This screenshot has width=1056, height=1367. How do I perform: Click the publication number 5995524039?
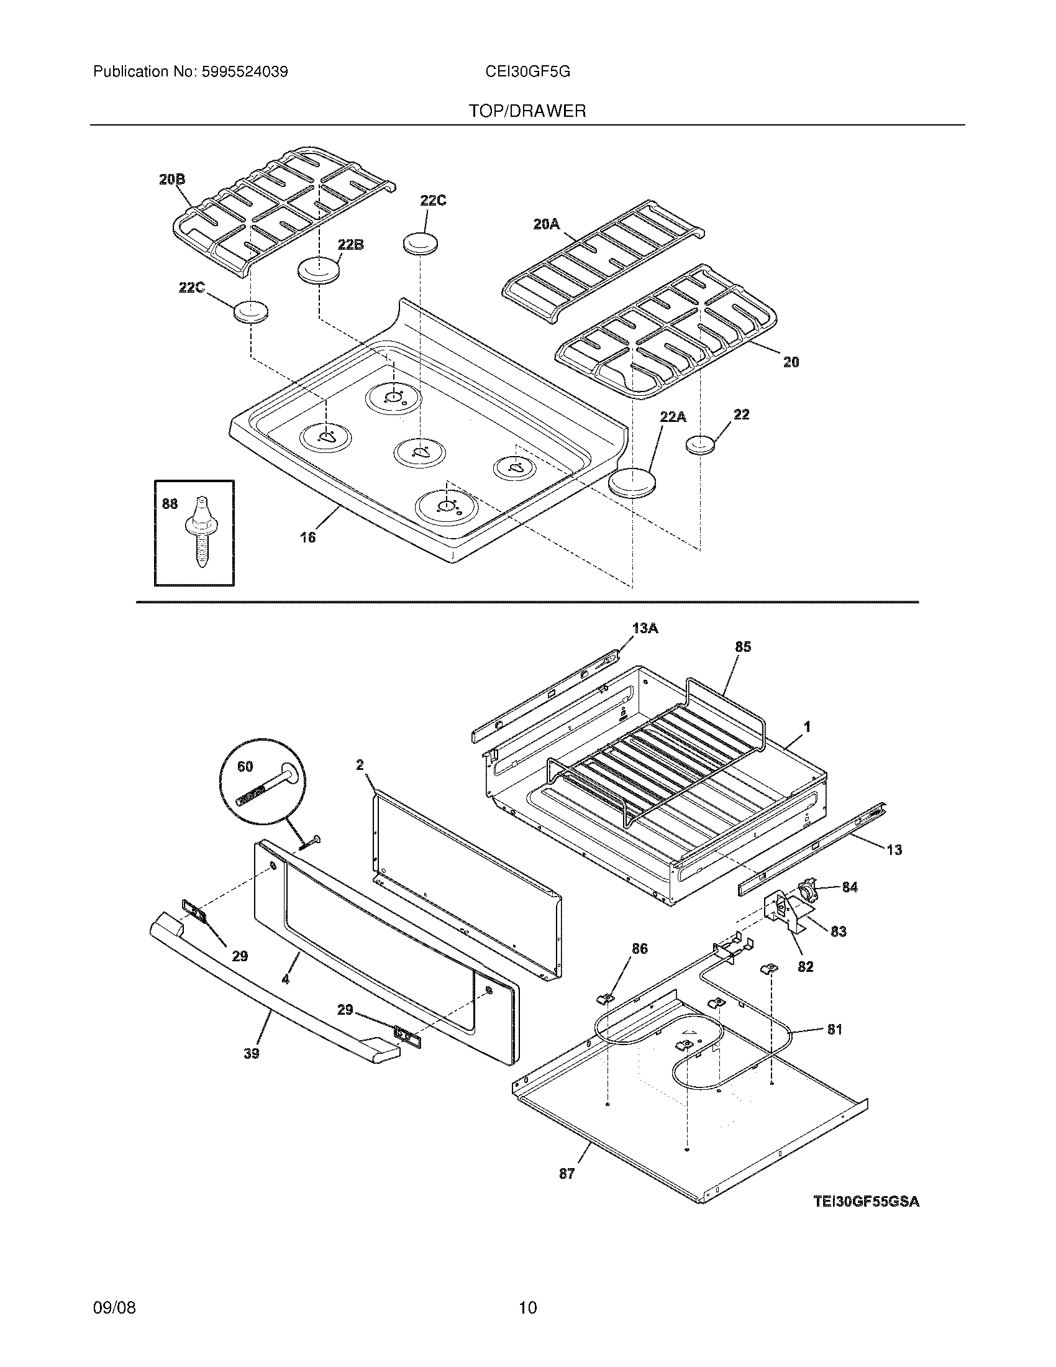pyautogui.click(x=245, y=72)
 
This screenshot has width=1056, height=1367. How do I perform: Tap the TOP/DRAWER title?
pyautogui.click(x=527, y=111)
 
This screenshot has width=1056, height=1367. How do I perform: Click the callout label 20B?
pyautogui.click(x=172, y=180)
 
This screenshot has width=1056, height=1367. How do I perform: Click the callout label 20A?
pyautogui.click(x=546, y=224)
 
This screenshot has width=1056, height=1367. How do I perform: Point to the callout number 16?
pyautogui.click(x=307, y=537)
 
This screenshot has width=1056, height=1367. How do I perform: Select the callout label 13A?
pyautogui.click(x=645, y=628)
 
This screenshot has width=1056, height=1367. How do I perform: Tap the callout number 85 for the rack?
pyautogui.click(x=742, y=647)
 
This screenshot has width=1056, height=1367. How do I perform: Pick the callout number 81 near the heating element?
pyautogui.click(x=834, y=1029)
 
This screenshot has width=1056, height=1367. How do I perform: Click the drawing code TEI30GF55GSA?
pyautogui.click(x=867, y=1201)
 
